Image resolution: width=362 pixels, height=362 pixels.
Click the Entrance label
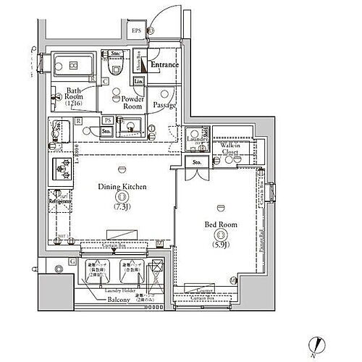(164, 65)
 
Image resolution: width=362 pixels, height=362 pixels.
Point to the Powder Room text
(133, 102)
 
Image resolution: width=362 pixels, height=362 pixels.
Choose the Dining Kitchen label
(123, 187)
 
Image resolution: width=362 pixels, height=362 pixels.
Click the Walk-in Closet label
(231, 148)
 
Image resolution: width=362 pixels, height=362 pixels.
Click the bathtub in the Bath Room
(72, 65)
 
